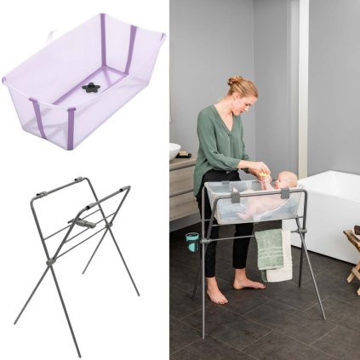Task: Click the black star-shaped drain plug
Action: point(91,87)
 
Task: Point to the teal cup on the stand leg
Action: point(191,242)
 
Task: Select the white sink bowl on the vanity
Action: point(174,151)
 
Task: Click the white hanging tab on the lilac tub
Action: point(51,36)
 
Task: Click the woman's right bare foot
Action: point(216,292)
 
